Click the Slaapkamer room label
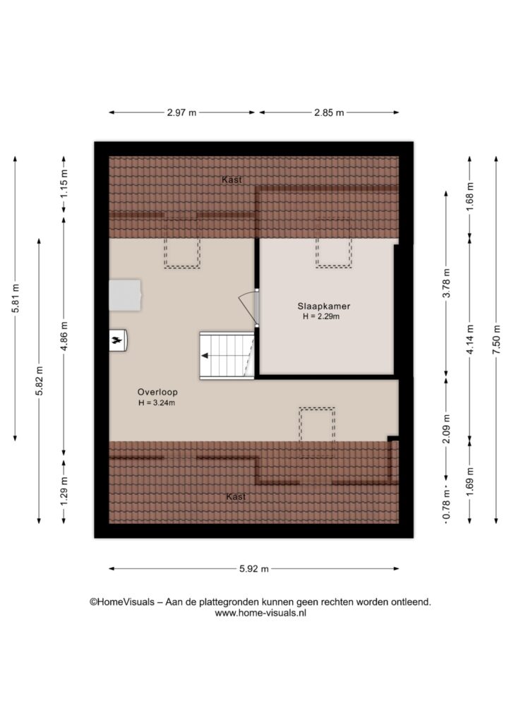(x=324, y=306)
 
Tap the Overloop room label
(x=157, y=393)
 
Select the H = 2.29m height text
(x=321, y=317)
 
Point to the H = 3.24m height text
(x=157, y=403)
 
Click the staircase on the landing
(x=227, y=356)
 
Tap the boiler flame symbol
(x=117, y=341)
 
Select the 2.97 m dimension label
(x=181, y=112)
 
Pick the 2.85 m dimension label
(x=329, y=112)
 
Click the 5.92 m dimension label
(x=254, y=569)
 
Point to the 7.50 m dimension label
(x=495, y=340)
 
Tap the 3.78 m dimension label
(x=446, y=282)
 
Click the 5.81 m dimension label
(x=16, y=298)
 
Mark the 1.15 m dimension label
(x=64, y=184)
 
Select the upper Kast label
(x=232, y=180)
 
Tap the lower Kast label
(x=236, y=496)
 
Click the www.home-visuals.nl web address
(x=260, y=614)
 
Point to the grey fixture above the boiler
(x=125, y=294)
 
